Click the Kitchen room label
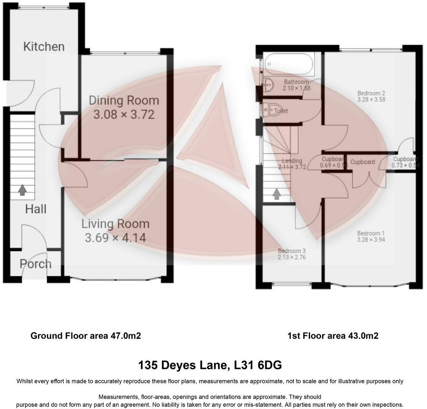point(44,47)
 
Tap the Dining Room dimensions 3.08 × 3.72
point(124,115)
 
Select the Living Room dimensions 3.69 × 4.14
point(115,238)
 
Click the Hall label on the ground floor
point(36,209)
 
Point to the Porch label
point(35,264)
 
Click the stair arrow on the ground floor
point(22,190)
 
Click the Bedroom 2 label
point(371,93)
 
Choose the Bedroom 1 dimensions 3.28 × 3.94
point(371,240)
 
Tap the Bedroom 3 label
point(292,251)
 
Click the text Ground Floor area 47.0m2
point(85,336)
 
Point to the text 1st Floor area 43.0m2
point(332,336)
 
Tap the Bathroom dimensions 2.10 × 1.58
point(296,88)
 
